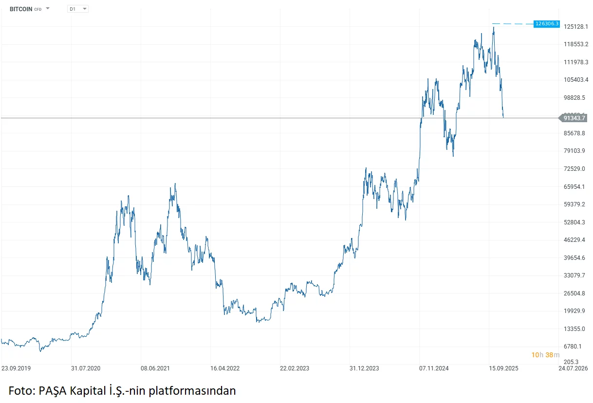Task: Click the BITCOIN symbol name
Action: (x=21, y=9)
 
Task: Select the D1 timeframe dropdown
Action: (x=77, y=9)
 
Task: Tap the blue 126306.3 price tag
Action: (x=547, y=23)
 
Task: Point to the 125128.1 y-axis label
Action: (x=575, y=27)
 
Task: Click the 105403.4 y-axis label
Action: (x=575, y=80)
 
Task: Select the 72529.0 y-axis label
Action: (x=575, y=168)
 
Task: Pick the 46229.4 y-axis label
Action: (x=575, y=240)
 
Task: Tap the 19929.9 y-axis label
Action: (x=575, y=311)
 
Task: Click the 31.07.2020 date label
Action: (x=85, y=368)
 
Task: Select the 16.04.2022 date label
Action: (x=225, y=368)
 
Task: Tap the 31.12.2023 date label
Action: (x=364, y=368)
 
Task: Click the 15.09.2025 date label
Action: (x=503, y=368)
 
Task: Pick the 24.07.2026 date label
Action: (x=573, y=368)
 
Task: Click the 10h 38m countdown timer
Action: (x=545, y=355)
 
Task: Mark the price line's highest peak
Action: (x=493, y=28)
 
